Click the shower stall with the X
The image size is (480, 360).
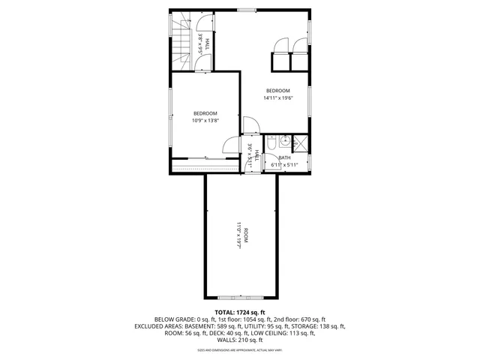coord(298,140)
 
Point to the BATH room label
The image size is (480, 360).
coord(284,157)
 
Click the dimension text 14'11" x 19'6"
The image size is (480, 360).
coord(277,97)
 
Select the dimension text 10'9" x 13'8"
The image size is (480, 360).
coord(205,121)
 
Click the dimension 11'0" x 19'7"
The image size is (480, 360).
coord(238,235)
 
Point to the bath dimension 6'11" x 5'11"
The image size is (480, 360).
coord(284,164)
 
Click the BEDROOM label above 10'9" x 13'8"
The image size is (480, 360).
coord(205,113)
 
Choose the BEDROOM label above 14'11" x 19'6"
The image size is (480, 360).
coord(277,91)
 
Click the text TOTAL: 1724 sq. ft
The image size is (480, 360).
coord(240,312)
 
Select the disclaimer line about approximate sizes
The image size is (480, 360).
coord(240,349)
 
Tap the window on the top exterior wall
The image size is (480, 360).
coord(247,9)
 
